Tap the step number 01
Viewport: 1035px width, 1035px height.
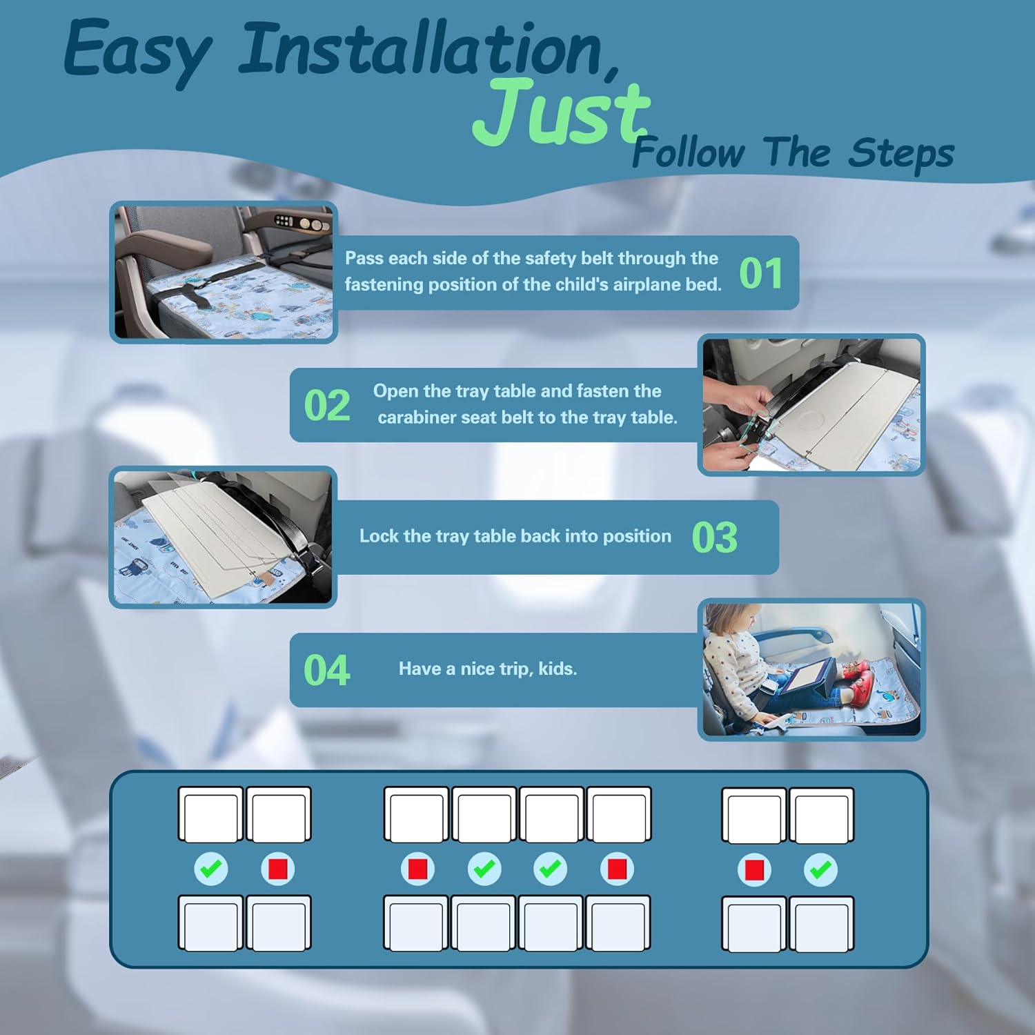pyautogui.click(x=761, y=273)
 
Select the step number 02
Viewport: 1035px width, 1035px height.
pyautogui.click(x=327, y=405)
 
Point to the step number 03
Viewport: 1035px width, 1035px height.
pyautogui.click(x=715, y=538)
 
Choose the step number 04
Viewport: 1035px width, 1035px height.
pyautogui.click(x=327, y=670)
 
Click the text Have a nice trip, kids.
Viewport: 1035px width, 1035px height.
pyautogui.click(x=488, y=669)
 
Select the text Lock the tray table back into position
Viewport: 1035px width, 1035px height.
pyautogui.click(x=515, y=536)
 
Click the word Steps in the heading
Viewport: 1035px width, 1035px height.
pyautogui.click(x=901, y=153)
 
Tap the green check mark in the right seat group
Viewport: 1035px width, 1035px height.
pyautogui.click(x=821, y=869)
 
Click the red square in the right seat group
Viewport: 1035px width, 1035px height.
pyautogui.click(x=754, y=869)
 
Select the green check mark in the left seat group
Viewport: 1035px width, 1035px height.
pyautogui.click(x=211, y=869)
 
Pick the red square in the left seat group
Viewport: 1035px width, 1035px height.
pyautogui.click(x=278, y=869)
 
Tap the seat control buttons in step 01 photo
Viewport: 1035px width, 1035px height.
pyautogui.click(x=302, y=223)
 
